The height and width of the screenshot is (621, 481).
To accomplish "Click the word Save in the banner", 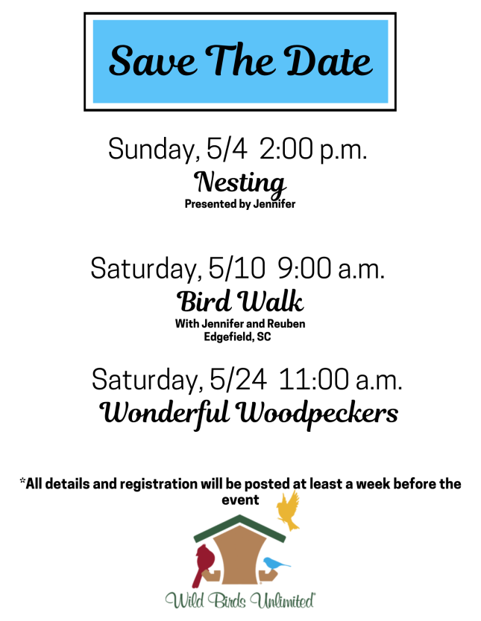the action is pyautogui.click(x=152, y=60).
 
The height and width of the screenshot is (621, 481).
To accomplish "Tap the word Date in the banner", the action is pyautogui.click(x=329, y=60).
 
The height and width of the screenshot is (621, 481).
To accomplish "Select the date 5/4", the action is pyautogui.click(x=227, y=149).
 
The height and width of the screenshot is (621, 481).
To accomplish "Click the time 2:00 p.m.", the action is pyautogui.click(x=313, y=150).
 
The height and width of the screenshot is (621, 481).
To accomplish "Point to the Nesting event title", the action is pyautogui.click(x=240, y=183).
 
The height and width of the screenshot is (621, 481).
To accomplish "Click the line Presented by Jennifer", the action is pyautogui.click(x=240, y=204).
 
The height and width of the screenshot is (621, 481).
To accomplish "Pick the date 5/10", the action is pyautogui.click(x=236, y=268).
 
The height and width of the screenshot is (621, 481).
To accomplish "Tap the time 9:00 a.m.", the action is pyautogui.click(x=330, y=268).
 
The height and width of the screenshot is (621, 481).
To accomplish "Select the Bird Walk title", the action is pyautogui.click(x=240, y=302).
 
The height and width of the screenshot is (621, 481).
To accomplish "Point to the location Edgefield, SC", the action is pyautogui.click(x=238, y=337).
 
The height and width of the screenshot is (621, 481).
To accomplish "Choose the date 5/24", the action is pyautogui.click(x=238, y=380).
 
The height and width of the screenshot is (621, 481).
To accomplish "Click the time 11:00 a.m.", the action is pyautogui.click(x=340, y=380).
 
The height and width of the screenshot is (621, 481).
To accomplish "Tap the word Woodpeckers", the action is pyautogui.click(x=317, y=414).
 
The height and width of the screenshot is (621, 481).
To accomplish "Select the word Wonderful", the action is pyautogui.click(x=164, y=414).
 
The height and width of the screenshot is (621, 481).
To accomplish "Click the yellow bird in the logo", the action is pyautogui.click(x=289, y=510).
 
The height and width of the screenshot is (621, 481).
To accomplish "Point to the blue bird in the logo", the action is pyautogui.click(x=275, y=564).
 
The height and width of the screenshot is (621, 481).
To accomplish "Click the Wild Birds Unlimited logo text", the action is pyautogui.click(x=240, y=600).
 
